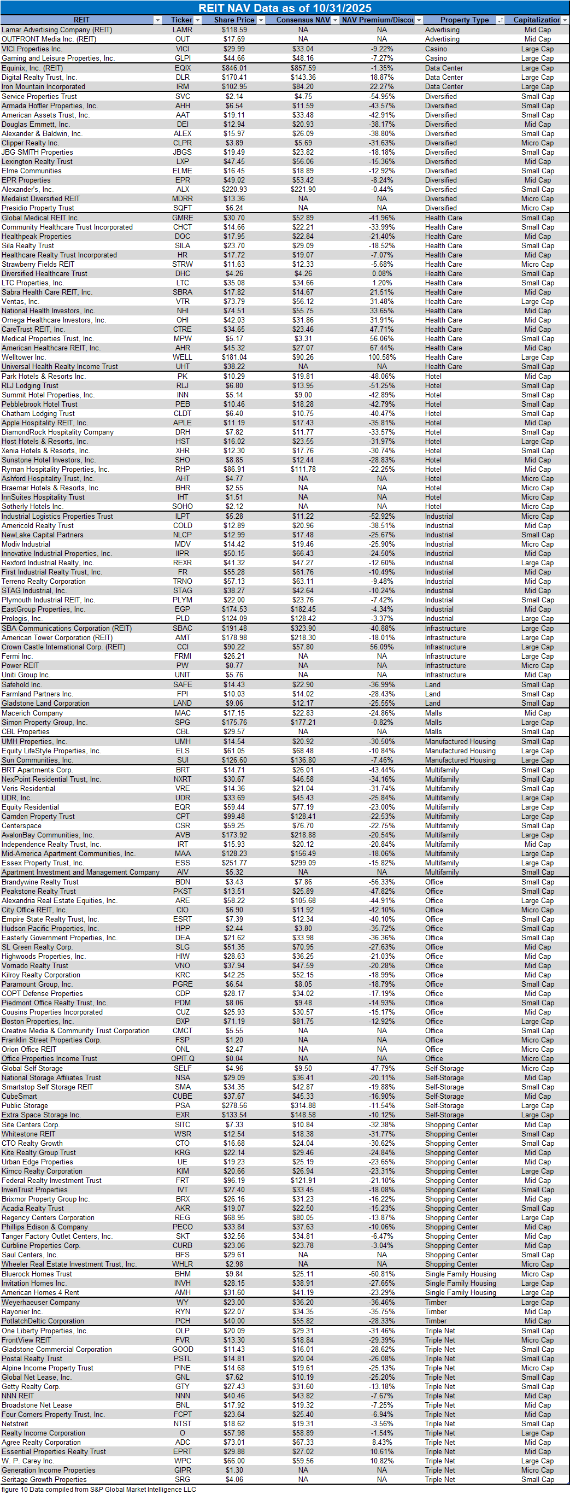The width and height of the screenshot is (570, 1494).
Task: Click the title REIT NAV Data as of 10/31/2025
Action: pos(285,8)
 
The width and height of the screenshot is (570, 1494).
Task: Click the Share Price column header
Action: pos(234,20)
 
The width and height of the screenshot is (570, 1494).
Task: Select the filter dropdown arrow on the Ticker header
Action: pos(197,20)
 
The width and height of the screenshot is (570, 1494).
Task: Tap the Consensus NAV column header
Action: pos(303,20)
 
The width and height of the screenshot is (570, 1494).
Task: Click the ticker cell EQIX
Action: pos(183,68)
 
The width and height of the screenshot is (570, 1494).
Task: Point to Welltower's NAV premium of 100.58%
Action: pos(381,358)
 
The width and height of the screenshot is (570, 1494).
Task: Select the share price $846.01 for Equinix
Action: pos(234,68)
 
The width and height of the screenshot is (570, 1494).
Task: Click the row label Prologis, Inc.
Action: pos(22,618)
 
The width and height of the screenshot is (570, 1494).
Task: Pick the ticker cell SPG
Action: pos(182,722)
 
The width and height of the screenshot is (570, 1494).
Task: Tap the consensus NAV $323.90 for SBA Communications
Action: pos(303,628)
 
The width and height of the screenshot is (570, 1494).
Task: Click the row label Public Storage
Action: pos(25,1105)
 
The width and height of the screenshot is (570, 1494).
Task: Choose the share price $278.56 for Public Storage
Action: pos(234,1105)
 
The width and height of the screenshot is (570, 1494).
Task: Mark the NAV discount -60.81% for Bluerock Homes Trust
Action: pos(381,1274)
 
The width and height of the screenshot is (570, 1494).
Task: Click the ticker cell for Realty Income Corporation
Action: pos(182,1433)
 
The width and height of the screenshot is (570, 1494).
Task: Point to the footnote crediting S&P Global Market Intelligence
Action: pos(98,1489)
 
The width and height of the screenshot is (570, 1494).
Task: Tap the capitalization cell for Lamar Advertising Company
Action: pos(538,30)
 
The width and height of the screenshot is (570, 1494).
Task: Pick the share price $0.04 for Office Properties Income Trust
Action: pos(234,1058)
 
